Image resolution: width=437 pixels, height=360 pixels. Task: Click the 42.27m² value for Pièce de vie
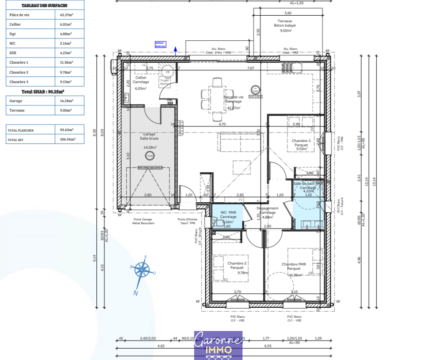(x=66, y=15)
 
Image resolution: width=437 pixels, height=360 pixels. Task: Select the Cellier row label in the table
(x=15, y=24)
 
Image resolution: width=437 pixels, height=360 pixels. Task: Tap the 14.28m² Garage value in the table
(x=66, y=101)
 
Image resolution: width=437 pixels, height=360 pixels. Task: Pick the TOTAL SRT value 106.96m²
(x=67, y=139)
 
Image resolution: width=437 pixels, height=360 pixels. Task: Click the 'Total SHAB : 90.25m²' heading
(x=43, y=92)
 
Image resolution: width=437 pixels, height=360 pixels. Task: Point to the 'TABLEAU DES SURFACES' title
(x=44, y=5)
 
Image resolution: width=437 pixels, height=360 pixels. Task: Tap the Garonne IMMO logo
(x=218, y=345)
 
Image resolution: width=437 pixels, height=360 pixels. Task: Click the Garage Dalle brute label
(x=149, y=136)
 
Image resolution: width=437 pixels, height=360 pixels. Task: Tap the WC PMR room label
(x=228, y=214)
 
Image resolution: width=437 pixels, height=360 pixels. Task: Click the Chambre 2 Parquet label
(x=237, y=265)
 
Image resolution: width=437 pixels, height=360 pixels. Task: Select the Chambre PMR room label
(x=294, y=266)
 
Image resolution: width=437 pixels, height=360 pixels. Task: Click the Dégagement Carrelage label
(x=267, y=210)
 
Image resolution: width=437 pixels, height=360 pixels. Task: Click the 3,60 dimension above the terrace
(x=288, y=13)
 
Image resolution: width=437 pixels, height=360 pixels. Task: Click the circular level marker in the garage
(x=150, y=156)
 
